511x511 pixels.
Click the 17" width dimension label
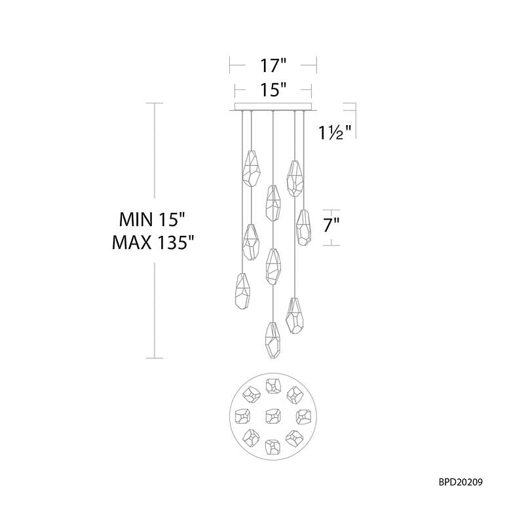tap(273, 66)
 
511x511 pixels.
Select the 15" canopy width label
tap(273, 90)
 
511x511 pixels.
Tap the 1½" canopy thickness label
tap(335, 132)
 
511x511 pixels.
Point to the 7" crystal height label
tap(331, 225)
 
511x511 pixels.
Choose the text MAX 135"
tap(153, 242)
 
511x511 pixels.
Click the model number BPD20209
tap(461, 482)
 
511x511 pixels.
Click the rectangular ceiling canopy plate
tap(273, 107)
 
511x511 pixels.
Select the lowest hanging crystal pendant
tap(273, 340)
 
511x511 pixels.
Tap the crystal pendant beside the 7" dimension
tap(304, 227)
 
